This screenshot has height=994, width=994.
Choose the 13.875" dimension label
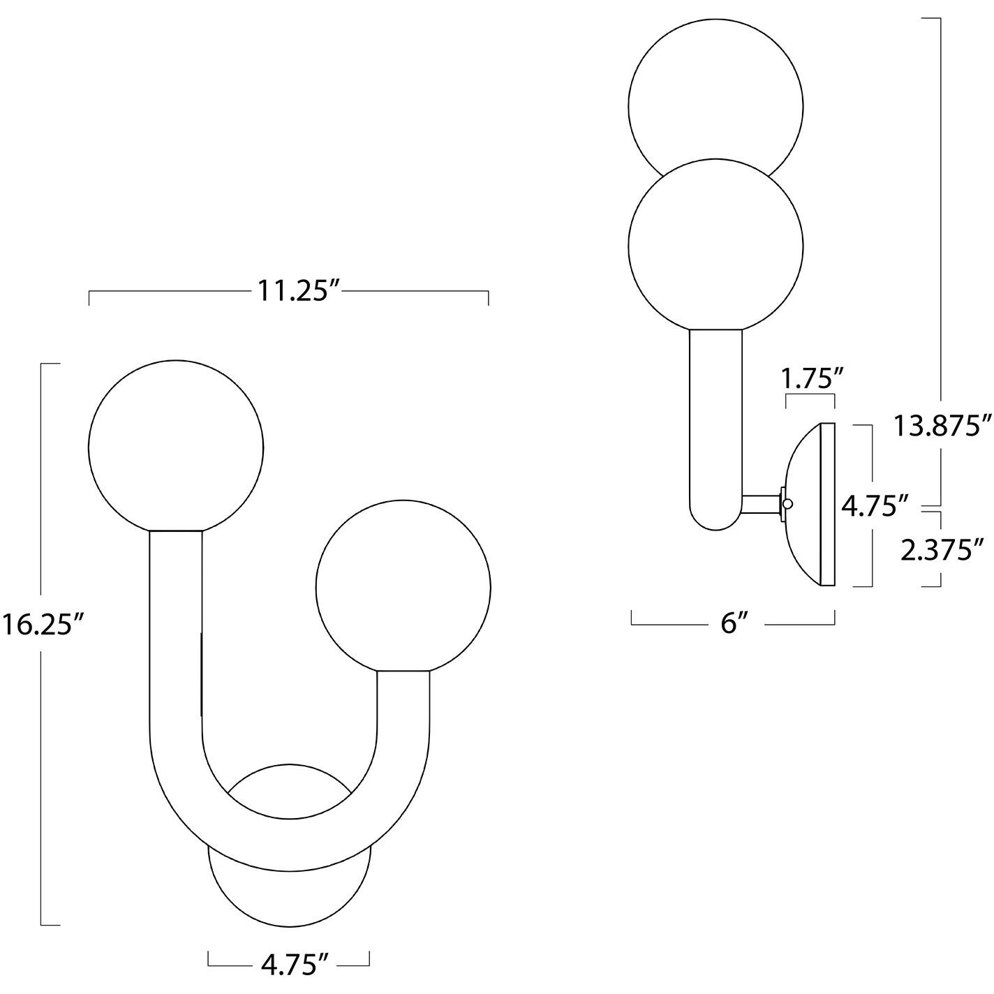[942, 426]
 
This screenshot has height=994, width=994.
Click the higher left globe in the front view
[176, 446]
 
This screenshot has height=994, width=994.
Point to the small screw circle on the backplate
[788, 503]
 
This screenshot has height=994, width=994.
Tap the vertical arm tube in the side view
[715, 419]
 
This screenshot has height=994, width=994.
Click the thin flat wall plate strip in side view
[828, 504]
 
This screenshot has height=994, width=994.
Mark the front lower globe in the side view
[715, 244]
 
